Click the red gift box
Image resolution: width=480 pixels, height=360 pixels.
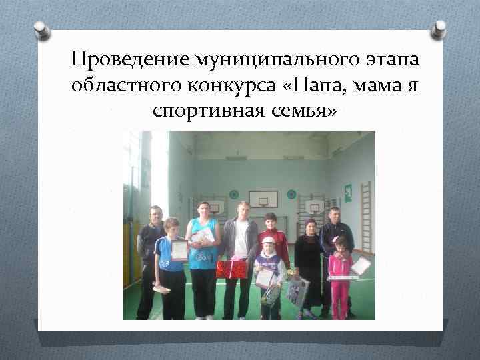click(231, 269)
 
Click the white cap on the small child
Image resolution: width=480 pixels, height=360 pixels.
click(268, 240)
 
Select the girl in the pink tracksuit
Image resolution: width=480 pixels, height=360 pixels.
click(339, 277)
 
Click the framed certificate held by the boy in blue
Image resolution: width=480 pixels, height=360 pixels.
click(179, 250)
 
